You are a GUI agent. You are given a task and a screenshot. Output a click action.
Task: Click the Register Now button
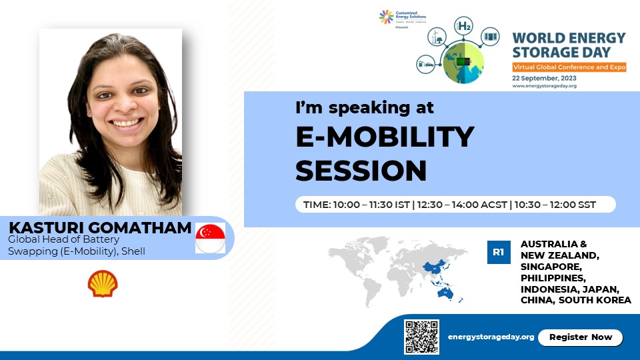(580, 337)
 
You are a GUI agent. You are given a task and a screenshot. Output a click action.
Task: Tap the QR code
(421, 337)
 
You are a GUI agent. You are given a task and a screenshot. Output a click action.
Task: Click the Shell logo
(103, 283)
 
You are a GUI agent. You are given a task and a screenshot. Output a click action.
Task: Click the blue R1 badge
(498, 253)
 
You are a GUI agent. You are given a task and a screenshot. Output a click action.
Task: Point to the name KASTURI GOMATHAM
(100, 228)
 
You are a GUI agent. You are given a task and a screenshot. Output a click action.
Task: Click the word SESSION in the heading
(361, 170)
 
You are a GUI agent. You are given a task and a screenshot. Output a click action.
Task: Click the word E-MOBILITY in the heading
(385, 137)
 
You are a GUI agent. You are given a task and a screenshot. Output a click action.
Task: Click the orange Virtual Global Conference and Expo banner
(569, 67)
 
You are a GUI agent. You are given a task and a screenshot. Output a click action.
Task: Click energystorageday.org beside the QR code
(491, 337)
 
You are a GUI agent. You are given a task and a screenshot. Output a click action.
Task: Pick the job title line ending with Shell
(76, 251)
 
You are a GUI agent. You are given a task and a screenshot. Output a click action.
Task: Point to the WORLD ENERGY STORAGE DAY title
(569, 45)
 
